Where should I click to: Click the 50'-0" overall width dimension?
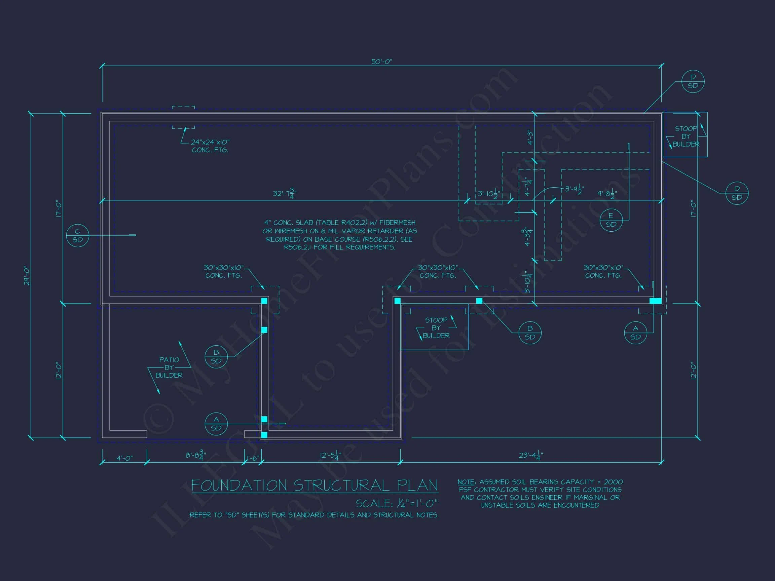tap(381, 62)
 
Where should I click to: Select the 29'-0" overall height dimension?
tap(27, 276)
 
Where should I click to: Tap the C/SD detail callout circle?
tap(77, 235)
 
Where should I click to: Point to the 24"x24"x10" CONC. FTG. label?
tap(210, 146)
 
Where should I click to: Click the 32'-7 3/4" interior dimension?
tap(285, 194)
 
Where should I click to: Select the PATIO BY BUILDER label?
tap(169, 367)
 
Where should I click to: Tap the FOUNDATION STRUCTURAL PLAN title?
tap(315, 486)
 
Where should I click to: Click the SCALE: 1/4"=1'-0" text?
tap(397, 504)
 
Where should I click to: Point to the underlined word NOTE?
tap(466, 482)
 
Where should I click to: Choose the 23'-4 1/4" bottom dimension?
tap(531, 456)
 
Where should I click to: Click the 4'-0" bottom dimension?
tap(124, 458)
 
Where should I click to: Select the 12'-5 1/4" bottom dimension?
tap(330, 456)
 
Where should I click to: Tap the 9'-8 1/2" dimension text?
tap(607, 194)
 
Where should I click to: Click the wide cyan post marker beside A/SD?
tap(656, 301)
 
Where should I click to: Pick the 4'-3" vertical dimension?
tap(530, 137)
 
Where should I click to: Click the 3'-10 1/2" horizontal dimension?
tap(489, 194)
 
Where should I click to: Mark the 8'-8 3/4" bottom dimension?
tap(195, 456)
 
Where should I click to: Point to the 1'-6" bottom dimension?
tap(253, 458)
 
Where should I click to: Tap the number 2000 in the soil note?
tap(613, 482)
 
